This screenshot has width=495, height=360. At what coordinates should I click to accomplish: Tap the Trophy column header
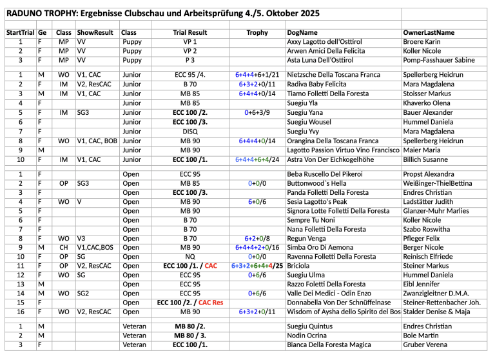point(257,32)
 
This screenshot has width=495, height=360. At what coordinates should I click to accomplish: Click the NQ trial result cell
point(189,256)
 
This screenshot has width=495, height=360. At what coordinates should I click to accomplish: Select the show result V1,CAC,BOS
point(97,247)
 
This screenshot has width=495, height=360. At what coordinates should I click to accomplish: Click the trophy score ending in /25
point(257,265)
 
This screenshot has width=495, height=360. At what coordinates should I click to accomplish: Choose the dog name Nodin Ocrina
point(308,335)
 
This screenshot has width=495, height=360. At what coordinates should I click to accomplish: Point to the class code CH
point(64,247)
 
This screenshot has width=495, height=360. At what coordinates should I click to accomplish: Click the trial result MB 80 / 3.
point(189,335)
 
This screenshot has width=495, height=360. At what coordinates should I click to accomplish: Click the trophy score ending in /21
point(257,75)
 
